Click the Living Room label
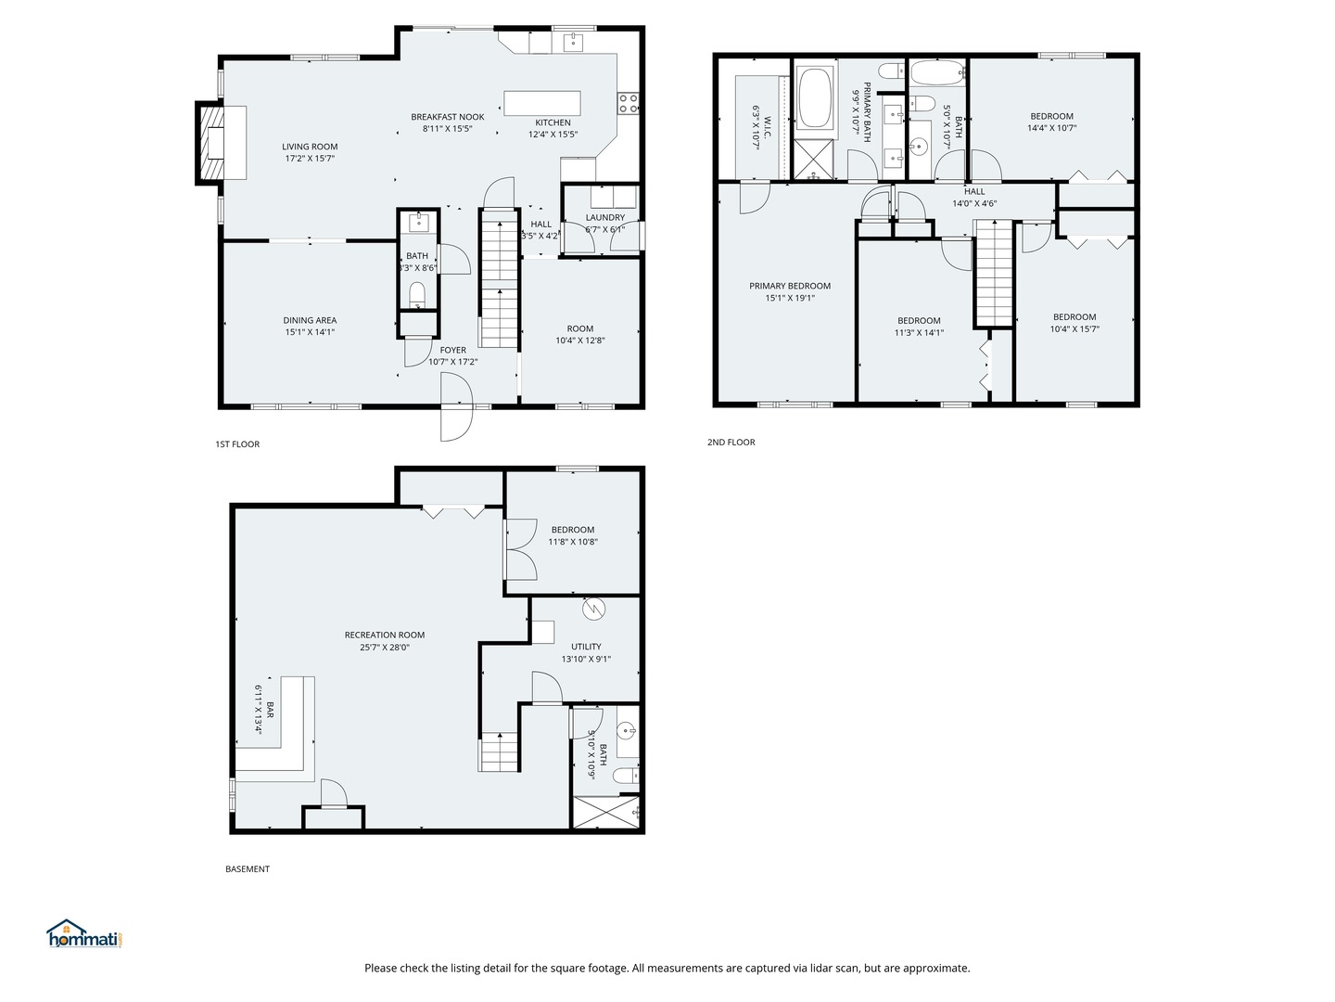310,147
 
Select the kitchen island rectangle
542,103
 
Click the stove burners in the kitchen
629,103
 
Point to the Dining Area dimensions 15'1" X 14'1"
310,332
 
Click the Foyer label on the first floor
453,350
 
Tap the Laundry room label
605,217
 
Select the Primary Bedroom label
790,286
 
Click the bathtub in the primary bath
815,98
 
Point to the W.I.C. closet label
768,127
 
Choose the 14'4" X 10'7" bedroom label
1051,128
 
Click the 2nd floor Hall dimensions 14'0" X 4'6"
974,204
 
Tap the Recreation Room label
385,636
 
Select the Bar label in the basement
270,710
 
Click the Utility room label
586,647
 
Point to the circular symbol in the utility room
593,609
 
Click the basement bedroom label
573,530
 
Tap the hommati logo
85,934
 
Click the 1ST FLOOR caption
237,444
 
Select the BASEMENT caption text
247,868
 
